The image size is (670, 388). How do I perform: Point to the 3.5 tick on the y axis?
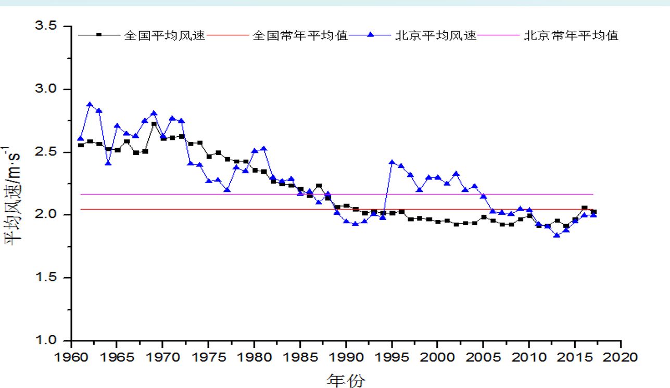coord(52,26)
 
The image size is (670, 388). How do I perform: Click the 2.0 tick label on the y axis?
coord(52,215)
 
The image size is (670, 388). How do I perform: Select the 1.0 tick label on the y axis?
coord(52,341)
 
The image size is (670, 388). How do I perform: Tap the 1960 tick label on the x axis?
coord(71,357)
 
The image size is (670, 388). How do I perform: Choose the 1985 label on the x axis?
coord(300,357)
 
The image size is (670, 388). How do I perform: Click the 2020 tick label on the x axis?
coord(621,357)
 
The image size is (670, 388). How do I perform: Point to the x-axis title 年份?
coord(346,380)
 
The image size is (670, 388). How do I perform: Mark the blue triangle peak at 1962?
coord(90,105)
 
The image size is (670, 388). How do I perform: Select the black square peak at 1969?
coord(154,124)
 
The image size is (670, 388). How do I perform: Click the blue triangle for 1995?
coord(391,162)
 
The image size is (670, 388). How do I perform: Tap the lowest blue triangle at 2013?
coord(557,235)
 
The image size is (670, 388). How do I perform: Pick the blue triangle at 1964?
coord(108,163)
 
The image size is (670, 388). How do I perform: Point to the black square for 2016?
coord(584,208)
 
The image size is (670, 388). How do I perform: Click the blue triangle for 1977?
coord(227,190)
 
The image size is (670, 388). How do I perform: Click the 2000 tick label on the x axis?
coord(437,357)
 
